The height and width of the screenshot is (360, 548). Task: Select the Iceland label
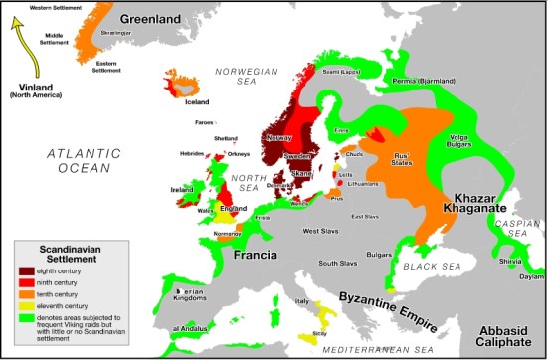(x=197, y=101)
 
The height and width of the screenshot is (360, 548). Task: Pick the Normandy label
(x=229, y=233)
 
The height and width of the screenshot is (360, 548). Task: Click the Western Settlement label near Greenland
(x=29, y=8)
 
